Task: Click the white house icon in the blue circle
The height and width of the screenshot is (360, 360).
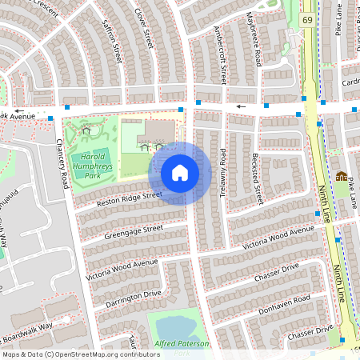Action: pos(180,173)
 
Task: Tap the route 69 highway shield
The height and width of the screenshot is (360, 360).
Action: pos(308,18)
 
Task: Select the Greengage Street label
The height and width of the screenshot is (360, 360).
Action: pos(134,233)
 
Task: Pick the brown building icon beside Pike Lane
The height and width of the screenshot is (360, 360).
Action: pos(342,176)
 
